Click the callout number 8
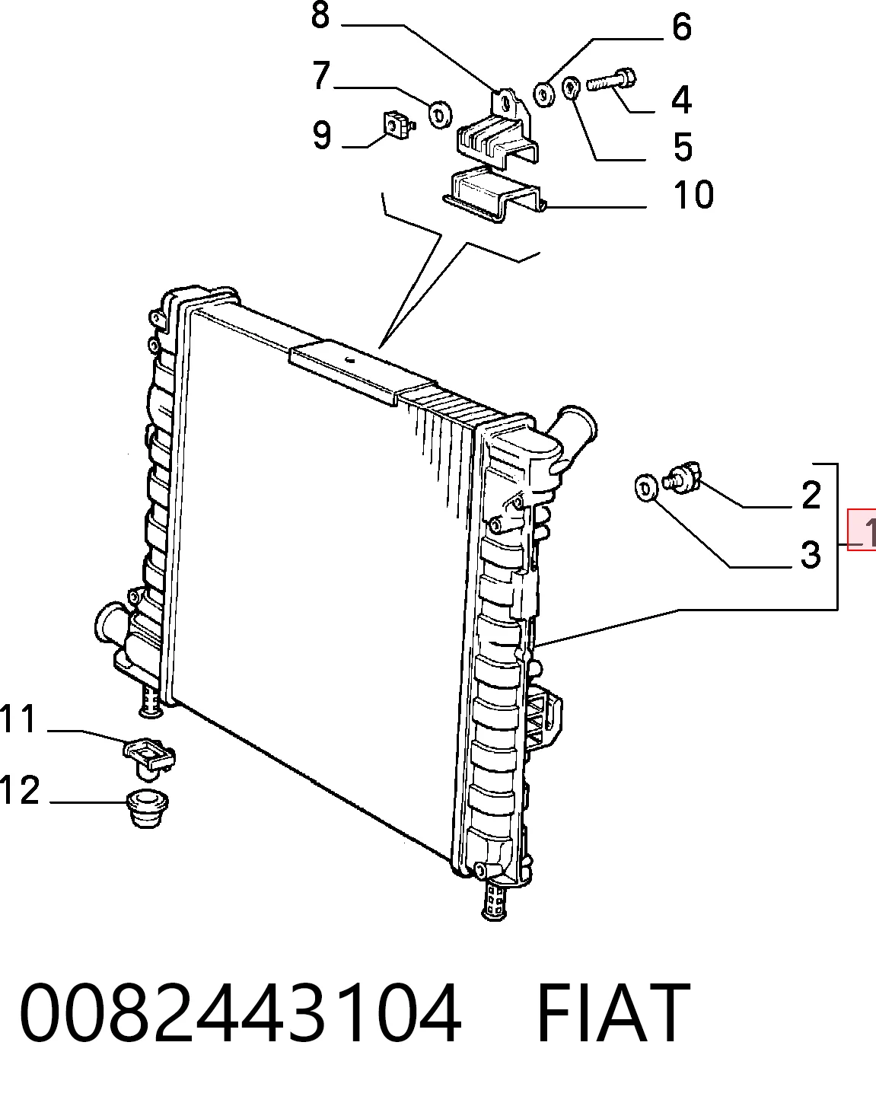(x=320, y=15)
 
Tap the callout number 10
(x=693, y=194)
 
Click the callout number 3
(x=811, y=555)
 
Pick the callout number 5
(x=682, y=146)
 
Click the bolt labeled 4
(x=611, y=81)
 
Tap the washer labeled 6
(x=544, y=94)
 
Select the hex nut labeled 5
(x=572, y=88)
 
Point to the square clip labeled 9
(x=399, y=125)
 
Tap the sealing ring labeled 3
(x=646, y=487)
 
